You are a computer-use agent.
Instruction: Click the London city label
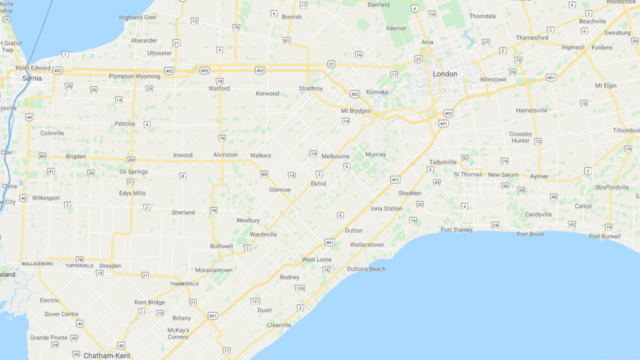pos(445,74)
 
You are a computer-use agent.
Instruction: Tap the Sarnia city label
pos(32,79)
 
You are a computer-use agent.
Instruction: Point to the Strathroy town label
pos(311,89)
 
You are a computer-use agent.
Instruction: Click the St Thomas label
pos(467,174)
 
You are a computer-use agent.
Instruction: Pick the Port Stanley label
pos(456,229)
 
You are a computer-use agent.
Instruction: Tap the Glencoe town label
pos(279,189)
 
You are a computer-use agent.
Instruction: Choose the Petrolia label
pos(125,124)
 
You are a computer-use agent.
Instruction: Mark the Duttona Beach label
pos(366,269)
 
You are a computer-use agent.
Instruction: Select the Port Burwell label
pos(604,236)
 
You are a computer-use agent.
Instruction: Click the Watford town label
pos(219,89)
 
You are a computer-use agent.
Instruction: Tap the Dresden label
pos(110,266)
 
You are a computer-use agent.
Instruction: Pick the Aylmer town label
pos(539,176)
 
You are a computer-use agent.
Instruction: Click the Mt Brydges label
pos(356,111)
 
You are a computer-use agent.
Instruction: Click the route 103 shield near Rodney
pos(300,288)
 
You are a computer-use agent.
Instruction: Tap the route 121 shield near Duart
pos(255,301)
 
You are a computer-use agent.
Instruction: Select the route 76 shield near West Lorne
pos(326,269)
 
